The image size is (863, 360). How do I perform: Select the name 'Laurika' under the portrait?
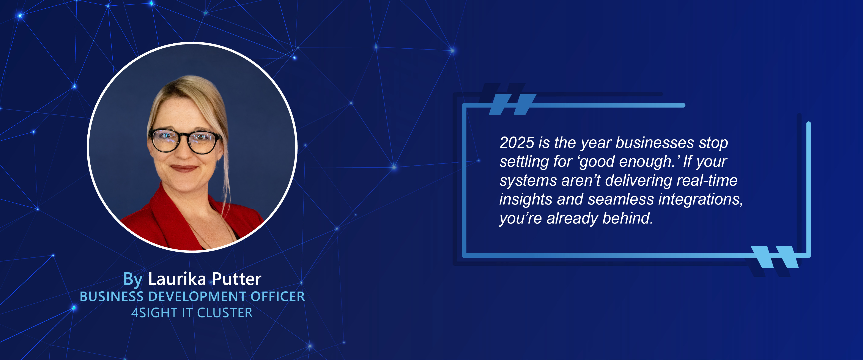click(x=177, y=279)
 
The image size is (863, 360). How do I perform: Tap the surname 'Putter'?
click(x=236, y=279)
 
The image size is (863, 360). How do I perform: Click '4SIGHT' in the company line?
click(x=154, y=313)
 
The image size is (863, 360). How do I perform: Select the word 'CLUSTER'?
click(x=225, y=313)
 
